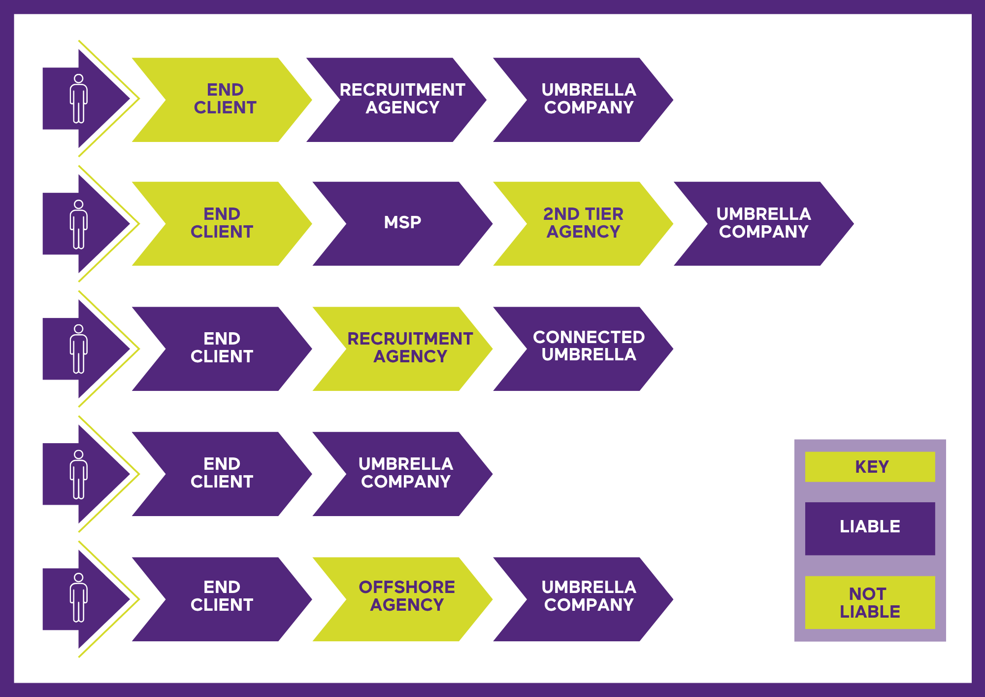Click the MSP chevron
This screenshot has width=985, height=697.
(402, 223)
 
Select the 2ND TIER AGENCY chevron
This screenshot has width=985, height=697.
(583, 223)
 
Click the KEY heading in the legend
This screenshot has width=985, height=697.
(870, 466)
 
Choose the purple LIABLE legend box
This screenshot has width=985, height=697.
(870, 528)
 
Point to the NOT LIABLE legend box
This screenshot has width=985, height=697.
(870, 602)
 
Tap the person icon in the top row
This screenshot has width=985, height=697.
(79, 99)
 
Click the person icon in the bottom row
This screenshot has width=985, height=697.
(79, 598)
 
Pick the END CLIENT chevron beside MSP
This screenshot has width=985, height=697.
(222, 223)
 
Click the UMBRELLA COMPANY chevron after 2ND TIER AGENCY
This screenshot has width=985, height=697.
(763, 223)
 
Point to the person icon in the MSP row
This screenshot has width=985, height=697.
(79, 224)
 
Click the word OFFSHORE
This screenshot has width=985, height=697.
(407, 587)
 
